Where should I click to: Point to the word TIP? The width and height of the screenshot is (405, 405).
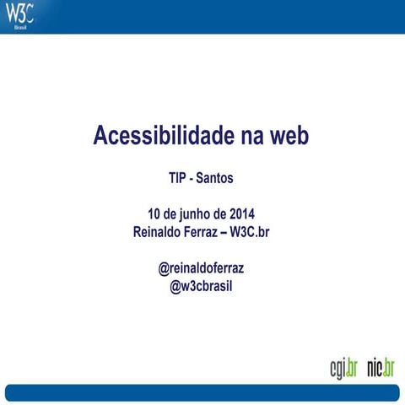point(178,180)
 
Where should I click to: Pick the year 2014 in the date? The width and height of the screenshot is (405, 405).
point(240,213)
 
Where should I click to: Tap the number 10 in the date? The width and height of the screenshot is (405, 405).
point(154,213)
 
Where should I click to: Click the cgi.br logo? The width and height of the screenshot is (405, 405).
point(343,368)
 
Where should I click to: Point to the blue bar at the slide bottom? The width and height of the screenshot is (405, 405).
point(202,393)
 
